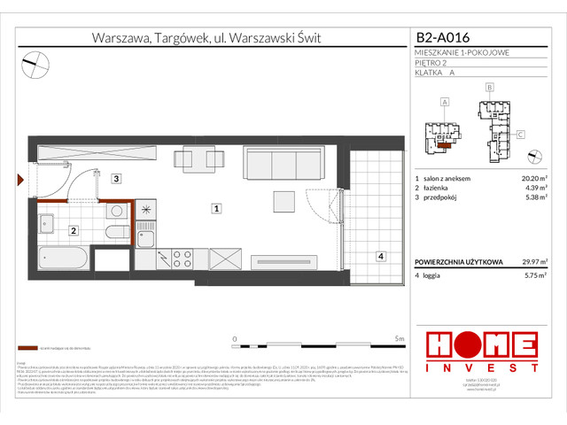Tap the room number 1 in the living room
[215, 209]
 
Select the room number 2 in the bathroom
[74, 231]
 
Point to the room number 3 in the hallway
[115, 179]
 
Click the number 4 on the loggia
[380, 257]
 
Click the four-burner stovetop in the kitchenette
[183, 259]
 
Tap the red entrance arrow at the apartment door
[20, 180]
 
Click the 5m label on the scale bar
[400, 338]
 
